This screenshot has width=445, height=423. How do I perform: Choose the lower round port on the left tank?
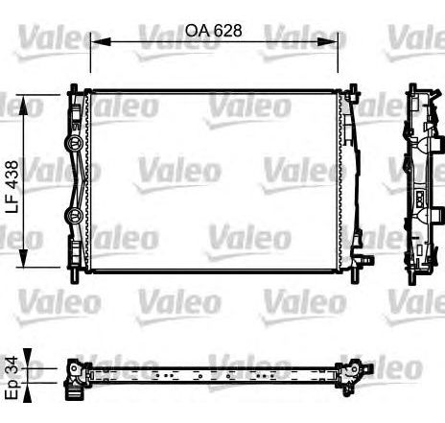pyautogui.click(x=71, y=215)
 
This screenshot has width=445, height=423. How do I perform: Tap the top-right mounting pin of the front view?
pyautogui.click(x=355, y=91)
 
